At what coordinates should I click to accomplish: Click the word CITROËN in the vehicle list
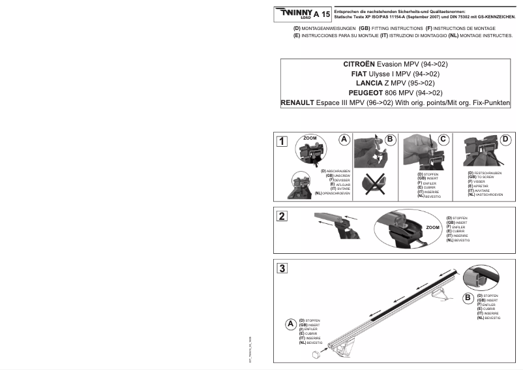[359, 65]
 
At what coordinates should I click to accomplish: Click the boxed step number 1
[282, 141]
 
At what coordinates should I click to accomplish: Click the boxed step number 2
[282, 217]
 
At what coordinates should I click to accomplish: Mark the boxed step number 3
[282, 269]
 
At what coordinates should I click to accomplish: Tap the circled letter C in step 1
[443, 140]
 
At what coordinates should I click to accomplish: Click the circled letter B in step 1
[391, 139]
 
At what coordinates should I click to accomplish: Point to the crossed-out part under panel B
[376, 183]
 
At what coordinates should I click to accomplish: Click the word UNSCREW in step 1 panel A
[342, 175]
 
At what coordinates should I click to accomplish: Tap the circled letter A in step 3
[290, 324]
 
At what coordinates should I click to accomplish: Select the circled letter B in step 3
[468, 298]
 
